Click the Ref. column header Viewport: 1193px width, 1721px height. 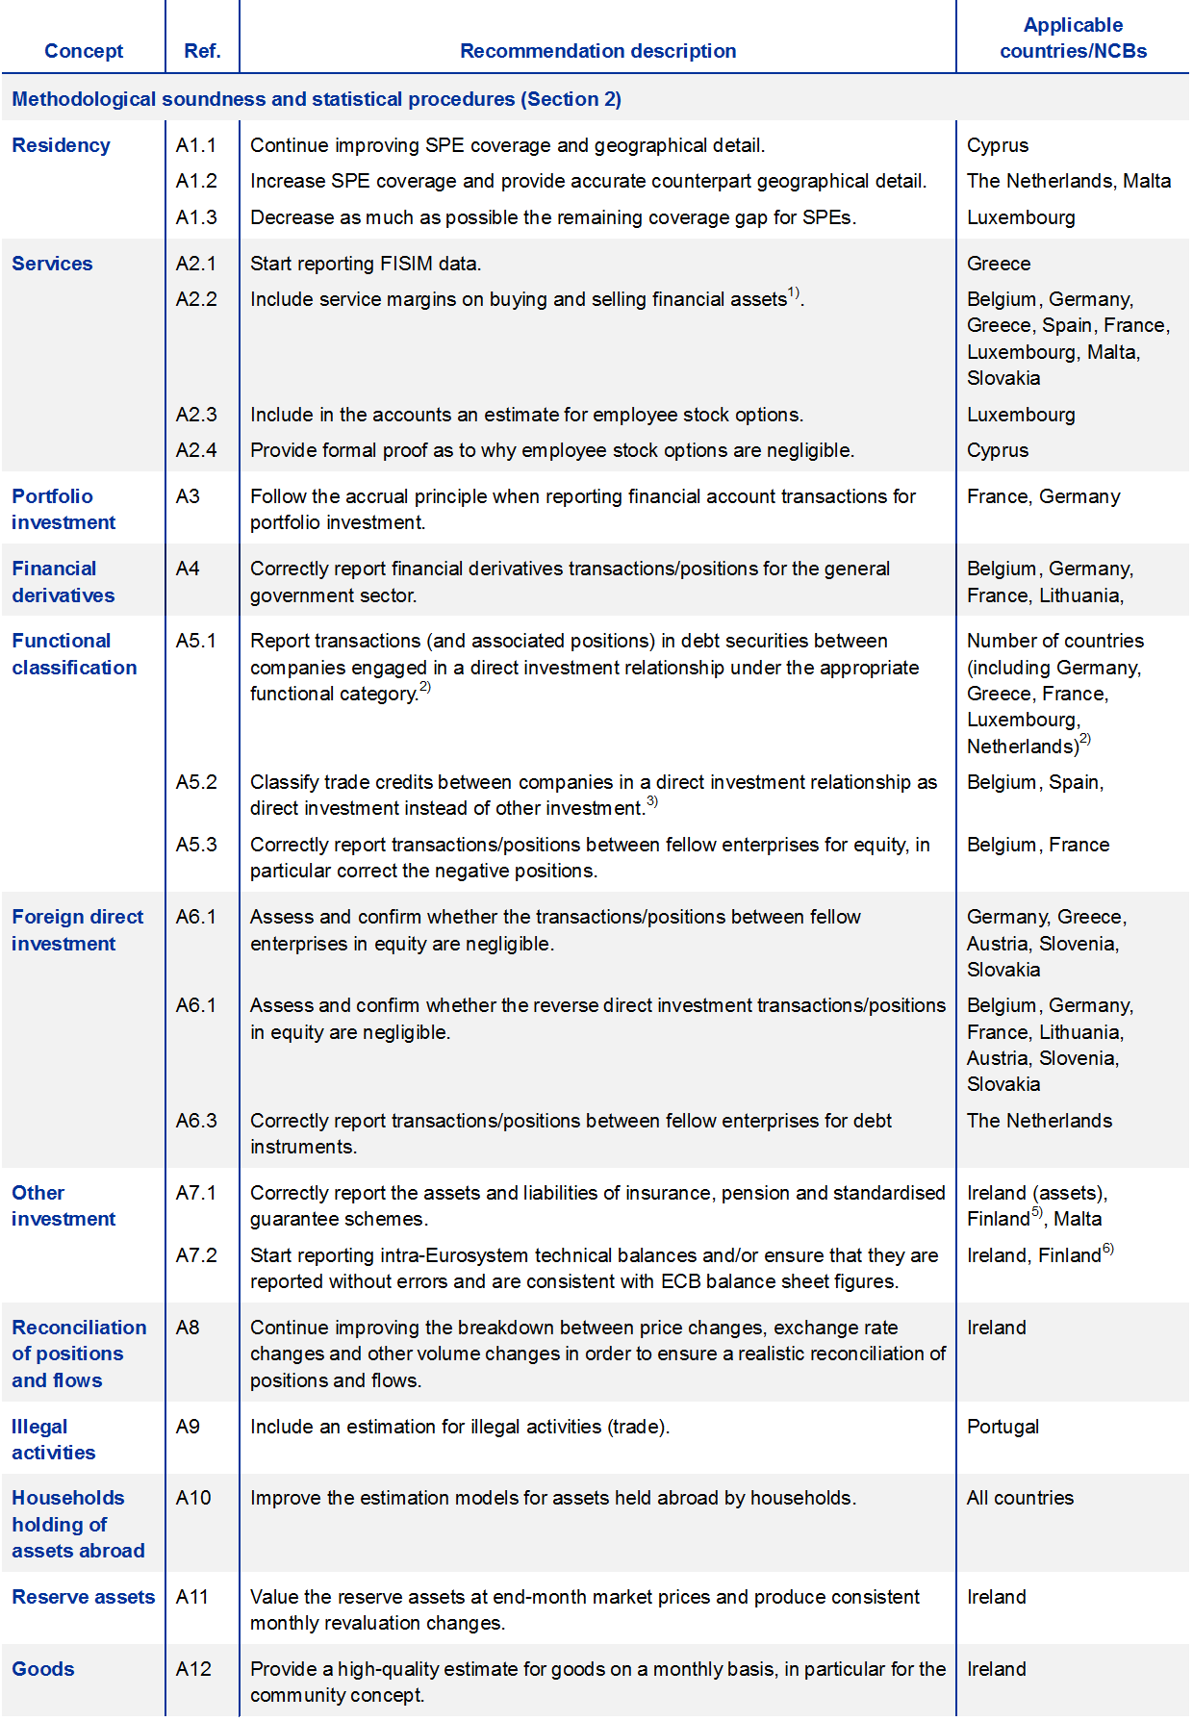(202, 51)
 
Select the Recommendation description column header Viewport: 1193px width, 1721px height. (597, 51)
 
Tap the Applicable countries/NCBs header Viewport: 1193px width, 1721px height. (1073, 38)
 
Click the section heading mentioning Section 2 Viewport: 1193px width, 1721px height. (317, 99)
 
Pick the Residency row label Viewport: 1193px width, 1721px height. (61, 145)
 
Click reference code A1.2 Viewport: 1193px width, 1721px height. (196, 181)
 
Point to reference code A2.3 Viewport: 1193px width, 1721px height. (196, 415)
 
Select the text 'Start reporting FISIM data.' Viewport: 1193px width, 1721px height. (366, 264)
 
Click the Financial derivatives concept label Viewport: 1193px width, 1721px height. (63, 582)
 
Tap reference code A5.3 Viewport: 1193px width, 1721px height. (196, 845)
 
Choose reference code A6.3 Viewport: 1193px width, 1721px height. (196, 1121)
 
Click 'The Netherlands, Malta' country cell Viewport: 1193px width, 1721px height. (1069, 181)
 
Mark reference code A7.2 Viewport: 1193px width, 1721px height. (196, 1255)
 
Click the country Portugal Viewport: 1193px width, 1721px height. (1003, 1427)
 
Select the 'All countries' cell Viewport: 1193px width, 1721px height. (1020, 1498)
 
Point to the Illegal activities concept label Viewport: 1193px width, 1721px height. (53, 1439)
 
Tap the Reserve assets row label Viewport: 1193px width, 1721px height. (83, 1597)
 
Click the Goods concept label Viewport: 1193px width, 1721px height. (43, 1669)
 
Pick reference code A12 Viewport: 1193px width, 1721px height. (193, 1669)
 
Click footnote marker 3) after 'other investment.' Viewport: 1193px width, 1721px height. (652, 801)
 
